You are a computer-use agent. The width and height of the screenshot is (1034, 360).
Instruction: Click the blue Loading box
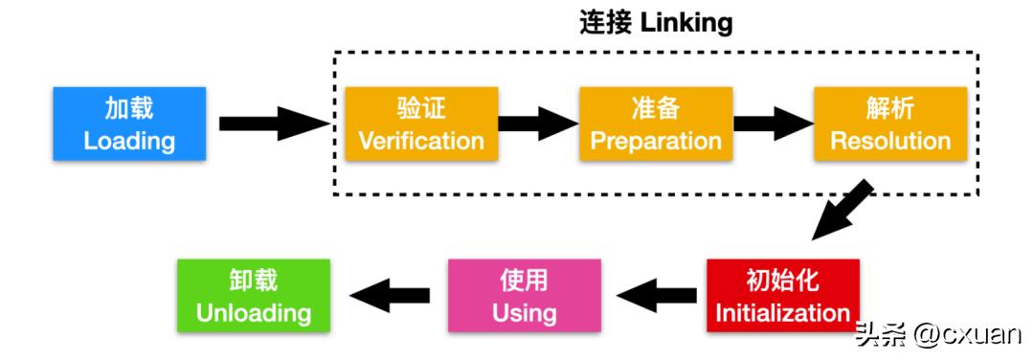[x=129, y=124]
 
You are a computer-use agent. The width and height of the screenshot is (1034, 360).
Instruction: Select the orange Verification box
[x=421, y=124]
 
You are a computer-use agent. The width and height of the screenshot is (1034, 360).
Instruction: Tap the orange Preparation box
[x=656, y=124]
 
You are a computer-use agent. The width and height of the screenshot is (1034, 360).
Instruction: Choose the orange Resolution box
[x=890, y=124]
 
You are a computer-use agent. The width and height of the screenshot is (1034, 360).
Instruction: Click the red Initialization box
[x=782, y=295]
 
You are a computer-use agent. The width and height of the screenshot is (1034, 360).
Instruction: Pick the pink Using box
[x=525, y=295]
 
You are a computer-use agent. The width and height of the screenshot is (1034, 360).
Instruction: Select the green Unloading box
[x=254, y=295]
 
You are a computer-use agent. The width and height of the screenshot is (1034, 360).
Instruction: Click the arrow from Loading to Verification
[x=273, y=124]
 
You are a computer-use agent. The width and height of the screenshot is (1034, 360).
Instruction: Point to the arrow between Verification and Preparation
[x=538, y=124]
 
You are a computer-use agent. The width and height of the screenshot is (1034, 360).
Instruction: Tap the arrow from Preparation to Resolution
[x=773, y=124]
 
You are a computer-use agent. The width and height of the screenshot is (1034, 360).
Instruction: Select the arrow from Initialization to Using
[x=655, y=295]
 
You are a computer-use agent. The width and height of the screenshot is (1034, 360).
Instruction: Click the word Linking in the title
[x=686, y=23]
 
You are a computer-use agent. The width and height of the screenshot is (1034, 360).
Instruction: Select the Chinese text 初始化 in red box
[x=782, y=280]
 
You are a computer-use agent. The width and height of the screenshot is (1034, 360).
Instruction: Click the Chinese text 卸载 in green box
[x=254, y=280]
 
